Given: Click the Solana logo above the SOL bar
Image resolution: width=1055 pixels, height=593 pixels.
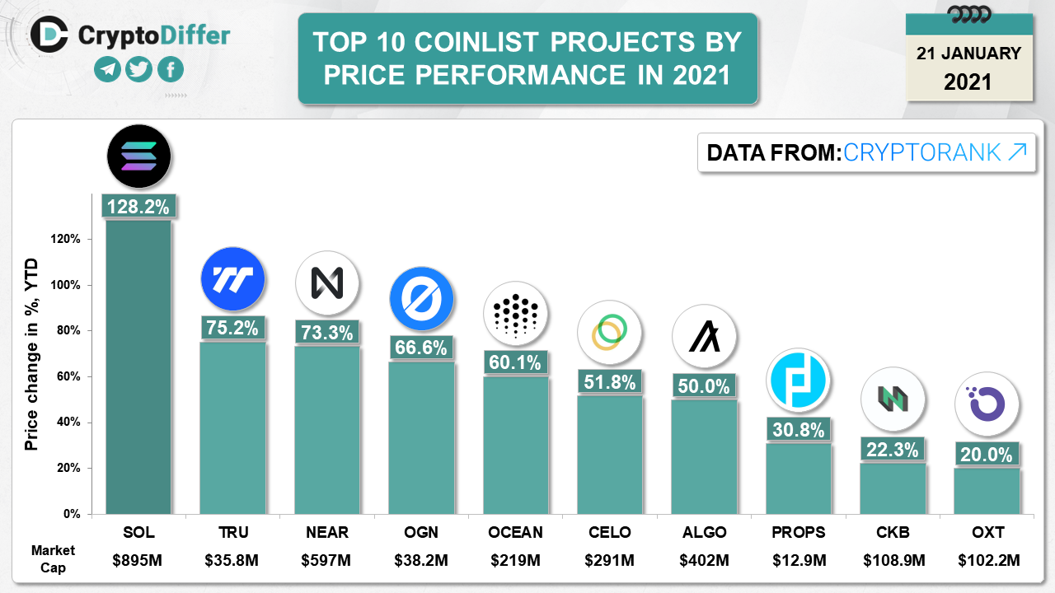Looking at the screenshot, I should point(138,156).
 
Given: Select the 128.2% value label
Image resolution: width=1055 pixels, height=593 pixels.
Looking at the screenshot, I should point(138,206).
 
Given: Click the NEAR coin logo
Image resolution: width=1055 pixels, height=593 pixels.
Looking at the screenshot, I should point(327,283).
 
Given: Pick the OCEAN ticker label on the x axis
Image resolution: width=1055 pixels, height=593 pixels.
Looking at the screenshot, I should point(515,532).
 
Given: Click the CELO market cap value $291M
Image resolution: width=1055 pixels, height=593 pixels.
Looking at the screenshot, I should point(609,561).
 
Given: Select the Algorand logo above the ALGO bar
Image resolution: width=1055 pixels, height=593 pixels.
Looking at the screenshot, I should point(704,336).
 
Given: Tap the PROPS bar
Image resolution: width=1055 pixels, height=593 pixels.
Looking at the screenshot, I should point(798,478).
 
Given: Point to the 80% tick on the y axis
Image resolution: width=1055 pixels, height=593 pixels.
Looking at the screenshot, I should point(68,331).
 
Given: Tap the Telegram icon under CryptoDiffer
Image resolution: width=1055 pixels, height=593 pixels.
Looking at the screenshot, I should point(106,69).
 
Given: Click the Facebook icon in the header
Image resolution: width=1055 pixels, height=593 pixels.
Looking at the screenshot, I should point(170,69).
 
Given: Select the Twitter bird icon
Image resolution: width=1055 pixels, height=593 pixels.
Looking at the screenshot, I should point(138,69).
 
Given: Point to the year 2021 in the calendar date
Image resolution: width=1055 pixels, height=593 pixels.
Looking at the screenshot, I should point(968,82).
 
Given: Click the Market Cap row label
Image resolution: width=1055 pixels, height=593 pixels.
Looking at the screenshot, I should point(53,558).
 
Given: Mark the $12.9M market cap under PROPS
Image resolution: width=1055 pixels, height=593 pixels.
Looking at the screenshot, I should point(798,561).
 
